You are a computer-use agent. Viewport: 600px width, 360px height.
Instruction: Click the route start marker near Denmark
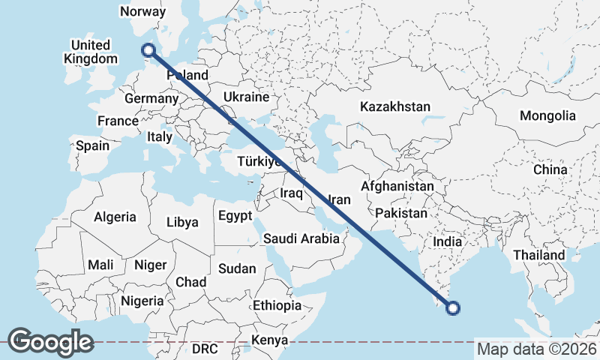[x=148, y=50]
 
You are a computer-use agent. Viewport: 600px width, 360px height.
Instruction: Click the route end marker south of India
[x=453, y=306]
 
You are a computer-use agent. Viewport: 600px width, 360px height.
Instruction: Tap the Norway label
[x=142, y=11]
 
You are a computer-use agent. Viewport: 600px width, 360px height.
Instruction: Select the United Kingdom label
[x=91, y=52]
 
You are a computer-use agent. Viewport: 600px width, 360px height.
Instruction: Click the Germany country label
[x=150, y=99]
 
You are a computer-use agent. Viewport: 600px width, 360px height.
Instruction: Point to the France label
[x=118, y=121]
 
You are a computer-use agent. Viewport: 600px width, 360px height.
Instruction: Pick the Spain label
[x=93, y=145]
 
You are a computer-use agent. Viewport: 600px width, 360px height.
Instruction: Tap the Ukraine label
[x=246, y=97]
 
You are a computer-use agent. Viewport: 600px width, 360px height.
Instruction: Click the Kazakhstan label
[x=394, y=106]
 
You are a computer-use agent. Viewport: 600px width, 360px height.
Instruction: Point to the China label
[x=550, y=170]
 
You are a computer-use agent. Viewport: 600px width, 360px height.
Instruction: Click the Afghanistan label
[x=397, y=186]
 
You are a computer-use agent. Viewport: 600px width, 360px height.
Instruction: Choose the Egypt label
[x=235, y=216]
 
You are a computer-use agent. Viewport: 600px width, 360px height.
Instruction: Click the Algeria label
[x=115, y=217]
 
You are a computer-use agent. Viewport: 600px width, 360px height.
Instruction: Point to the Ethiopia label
[x=277, y=306]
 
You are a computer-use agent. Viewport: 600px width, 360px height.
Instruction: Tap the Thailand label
[x=538, y=256]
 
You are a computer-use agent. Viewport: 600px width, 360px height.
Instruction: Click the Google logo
[x=50, y=342]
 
